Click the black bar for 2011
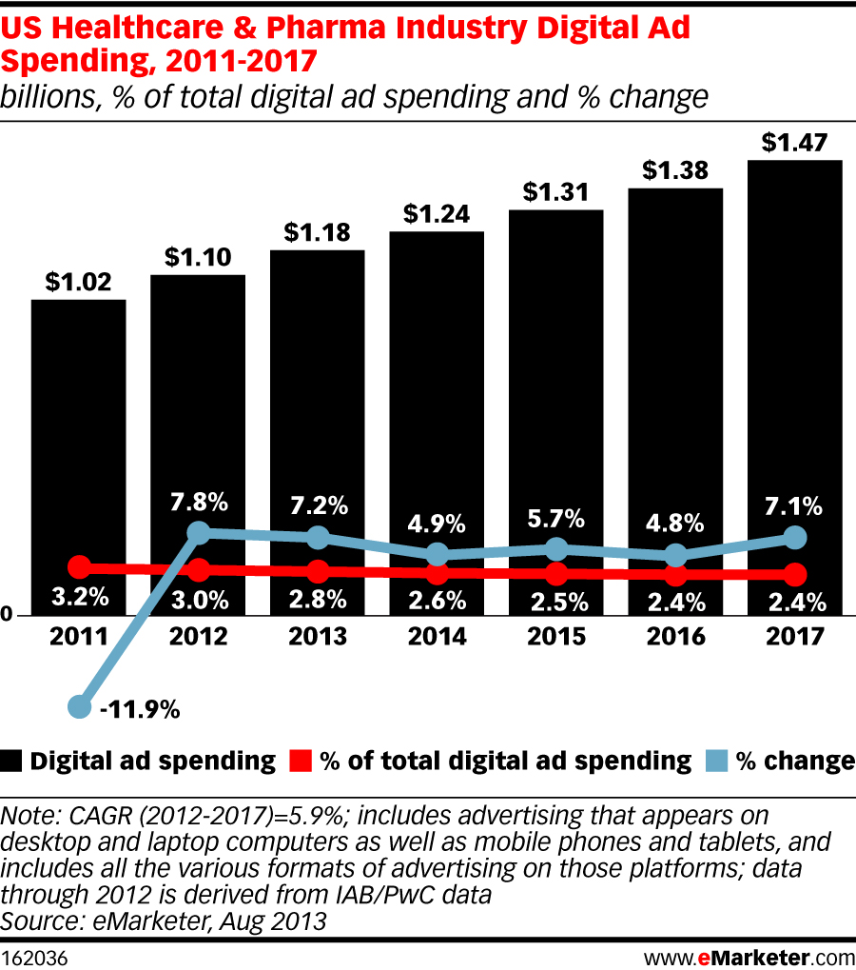click(x=79, y=428)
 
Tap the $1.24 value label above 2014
click(x=437, y=214)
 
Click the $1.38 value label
click(x=675, y=171)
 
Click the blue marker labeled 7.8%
click(x=199, y=532)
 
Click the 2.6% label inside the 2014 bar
click(x=437, y=601)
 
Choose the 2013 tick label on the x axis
click(x=318, y=637)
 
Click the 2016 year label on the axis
click(x=675, y=637)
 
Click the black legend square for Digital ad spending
click(x=12, y=761)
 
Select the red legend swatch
click(x=301, y=761)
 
